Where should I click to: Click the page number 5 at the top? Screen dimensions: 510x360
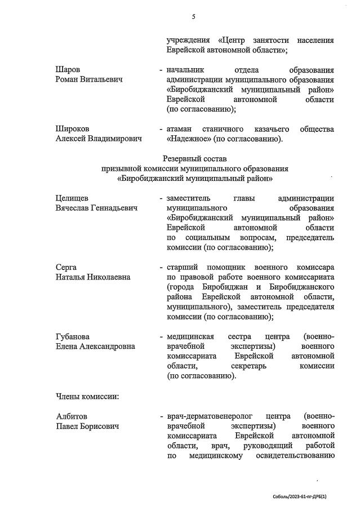(193, 16)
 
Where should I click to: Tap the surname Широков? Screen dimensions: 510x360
(73, 129)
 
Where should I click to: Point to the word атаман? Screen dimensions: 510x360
(182, 129)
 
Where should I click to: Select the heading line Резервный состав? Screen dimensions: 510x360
(194, 159)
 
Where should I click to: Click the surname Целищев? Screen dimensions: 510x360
(72, 198)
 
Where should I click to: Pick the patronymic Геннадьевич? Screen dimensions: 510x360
(110, 208)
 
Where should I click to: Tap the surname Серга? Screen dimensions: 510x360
(66, 267)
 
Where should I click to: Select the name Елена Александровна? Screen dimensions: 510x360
(95, 346)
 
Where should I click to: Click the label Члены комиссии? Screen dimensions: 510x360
(87, 396)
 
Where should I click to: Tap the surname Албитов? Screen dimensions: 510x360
(71, 416)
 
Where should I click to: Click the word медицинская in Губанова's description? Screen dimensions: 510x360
(190, 336)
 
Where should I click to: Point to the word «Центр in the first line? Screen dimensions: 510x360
(234, 41)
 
